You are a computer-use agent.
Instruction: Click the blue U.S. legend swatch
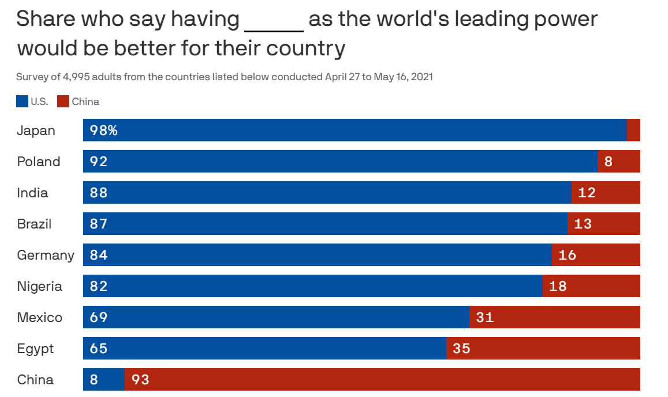point(22,102)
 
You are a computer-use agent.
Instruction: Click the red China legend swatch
point(64,102)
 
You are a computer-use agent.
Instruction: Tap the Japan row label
point(36,130)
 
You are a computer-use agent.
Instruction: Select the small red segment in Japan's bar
point(633,130)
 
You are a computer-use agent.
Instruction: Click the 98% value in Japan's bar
point(104,130)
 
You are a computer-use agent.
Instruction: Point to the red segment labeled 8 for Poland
point(619,162)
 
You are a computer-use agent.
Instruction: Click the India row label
point(32,193)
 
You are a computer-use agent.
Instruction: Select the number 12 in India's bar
point(587,193)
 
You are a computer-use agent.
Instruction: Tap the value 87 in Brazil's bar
point(99,224)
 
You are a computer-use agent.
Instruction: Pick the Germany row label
point(46,255)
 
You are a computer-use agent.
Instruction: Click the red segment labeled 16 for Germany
point(596,255)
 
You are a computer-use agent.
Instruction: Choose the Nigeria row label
point(39,286)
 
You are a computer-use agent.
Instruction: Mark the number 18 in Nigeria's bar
point(558,286)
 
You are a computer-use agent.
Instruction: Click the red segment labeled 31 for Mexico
point(555,317)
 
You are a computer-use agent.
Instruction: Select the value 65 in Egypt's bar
point(99,349)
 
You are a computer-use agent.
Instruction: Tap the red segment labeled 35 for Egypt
point(543,349)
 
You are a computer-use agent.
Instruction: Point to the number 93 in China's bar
point(140,380)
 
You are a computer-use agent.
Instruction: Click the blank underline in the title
point(274,29)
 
